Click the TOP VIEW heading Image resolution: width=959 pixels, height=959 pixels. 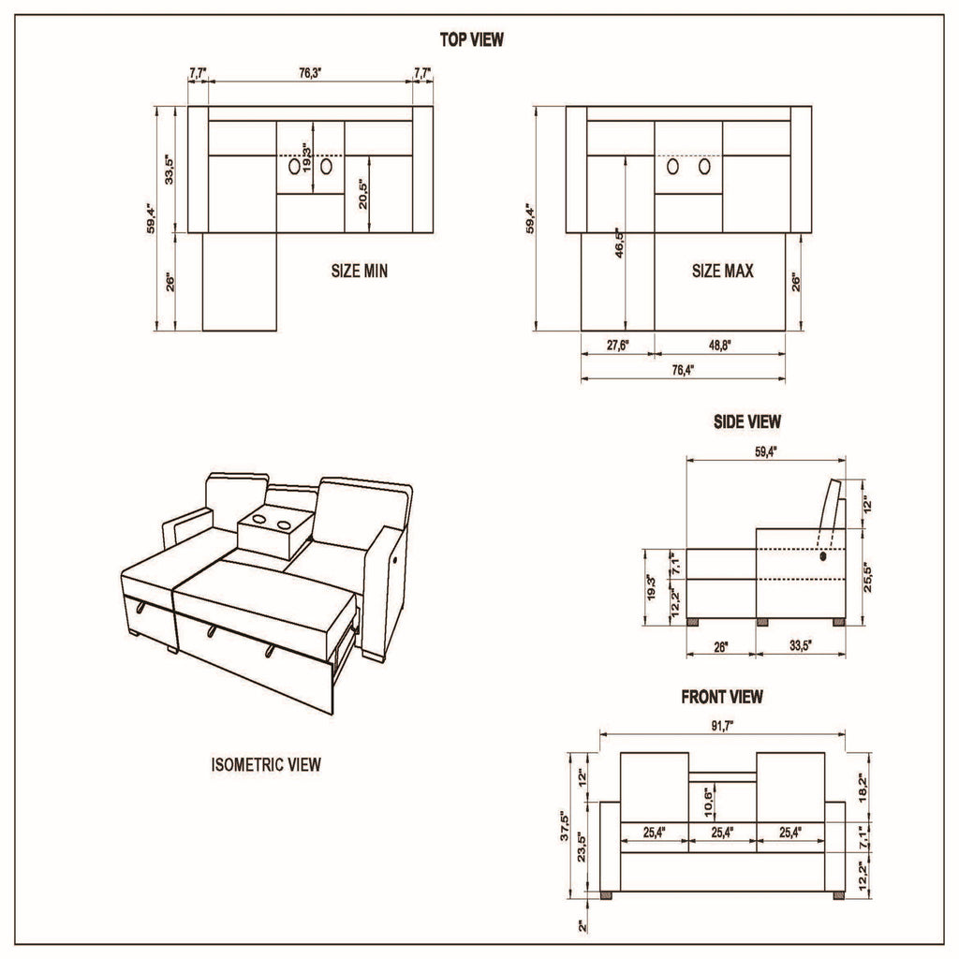(472, 39)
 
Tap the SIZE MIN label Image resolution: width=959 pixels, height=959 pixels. (359, 272)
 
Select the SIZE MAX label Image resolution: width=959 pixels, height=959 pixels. (722, 272)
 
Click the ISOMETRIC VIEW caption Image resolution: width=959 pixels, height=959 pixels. (266, 765)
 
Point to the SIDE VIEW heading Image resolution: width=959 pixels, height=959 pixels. (746, 422)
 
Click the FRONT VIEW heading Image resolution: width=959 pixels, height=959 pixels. (721, 697)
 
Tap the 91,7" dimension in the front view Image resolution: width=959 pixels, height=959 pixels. (722, 726)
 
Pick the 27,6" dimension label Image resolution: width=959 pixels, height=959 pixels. (617, 346)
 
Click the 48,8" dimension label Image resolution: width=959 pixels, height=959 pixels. (719, 346)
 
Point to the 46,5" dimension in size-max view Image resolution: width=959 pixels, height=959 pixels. (617, 246)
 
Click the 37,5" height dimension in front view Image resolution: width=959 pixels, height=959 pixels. (566, 827)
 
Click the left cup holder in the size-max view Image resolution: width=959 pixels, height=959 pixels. (672, 167)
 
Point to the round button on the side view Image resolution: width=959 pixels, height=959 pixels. (824, 556)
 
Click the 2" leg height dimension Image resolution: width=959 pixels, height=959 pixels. (582, 926)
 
